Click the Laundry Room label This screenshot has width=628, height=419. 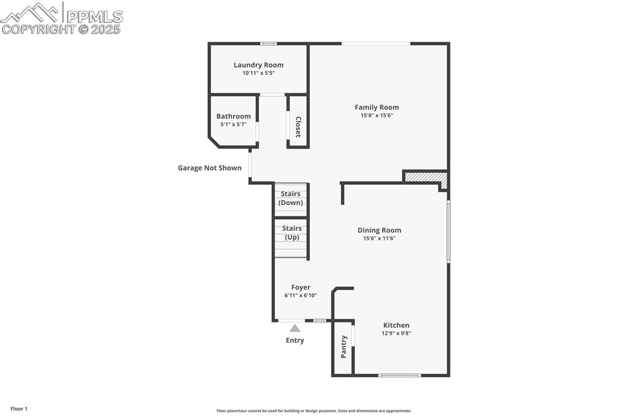point(258,65)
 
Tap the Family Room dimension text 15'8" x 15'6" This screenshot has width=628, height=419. point(377,116)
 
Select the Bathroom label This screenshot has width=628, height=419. point(234,116)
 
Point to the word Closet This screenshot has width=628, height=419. point(298,127)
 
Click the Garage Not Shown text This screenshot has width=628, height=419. point(210,168)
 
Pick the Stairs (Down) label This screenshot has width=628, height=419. point(290,198)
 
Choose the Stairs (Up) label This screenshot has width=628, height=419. point(291,233)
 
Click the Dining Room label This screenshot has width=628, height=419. point(379,230)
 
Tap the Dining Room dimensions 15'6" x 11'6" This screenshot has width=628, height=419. point(379,238)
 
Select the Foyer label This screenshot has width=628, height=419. point(301,288)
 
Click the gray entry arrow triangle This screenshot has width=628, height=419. point(295,328)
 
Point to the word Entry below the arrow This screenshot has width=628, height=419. point(295,340)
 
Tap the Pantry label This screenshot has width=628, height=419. point(343,347)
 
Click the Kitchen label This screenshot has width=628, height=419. point(396,326)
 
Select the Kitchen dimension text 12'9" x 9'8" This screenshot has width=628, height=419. point(396,334)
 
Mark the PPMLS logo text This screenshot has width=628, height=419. point(94,17)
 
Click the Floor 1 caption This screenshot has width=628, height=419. point(19,409)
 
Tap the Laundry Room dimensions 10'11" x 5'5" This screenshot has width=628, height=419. point(258,73)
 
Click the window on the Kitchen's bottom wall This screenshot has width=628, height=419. point(400,375)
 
